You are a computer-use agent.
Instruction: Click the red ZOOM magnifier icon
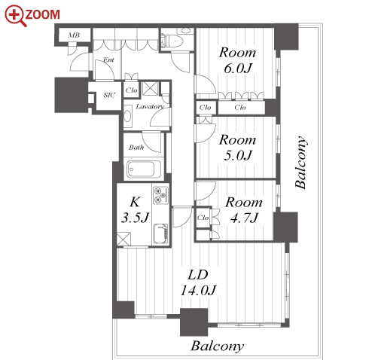coord(16,16)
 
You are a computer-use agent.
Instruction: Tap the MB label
coord(74,35)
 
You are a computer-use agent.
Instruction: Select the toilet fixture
coord(172,41)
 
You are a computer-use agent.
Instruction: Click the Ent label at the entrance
coord(108,59)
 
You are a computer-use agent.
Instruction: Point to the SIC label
coord(109,95)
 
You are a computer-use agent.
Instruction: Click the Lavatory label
coord(150,107)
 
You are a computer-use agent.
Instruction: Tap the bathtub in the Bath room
coord(141,169)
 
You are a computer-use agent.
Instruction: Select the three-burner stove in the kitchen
coord(160,195)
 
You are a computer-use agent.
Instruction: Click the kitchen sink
coord(160,234)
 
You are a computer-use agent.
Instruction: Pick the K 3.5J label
coord(136,210)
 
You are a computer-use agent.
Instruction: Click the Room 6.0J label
coord(237,60)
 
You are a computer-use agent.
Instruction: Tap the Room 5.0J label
coord(237,148)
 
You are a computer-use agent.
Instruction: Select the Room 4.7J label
coord(244,210)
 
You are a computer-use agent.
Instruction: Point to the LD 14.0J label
coord(198,282)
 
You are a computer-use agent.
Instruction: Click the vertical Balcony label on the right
coord(300,163)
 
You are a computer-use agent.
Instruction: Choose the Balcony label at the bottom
coord(218,346)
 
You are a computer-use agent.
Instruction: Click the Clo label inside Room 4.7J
coord(203,218)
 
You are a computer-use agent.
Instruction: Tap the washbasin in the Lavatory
coord(128,117)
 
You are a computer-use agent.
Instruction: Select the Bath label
coord(136,147)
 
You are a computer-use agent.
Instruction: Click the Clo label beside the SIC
coord(132,90)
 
